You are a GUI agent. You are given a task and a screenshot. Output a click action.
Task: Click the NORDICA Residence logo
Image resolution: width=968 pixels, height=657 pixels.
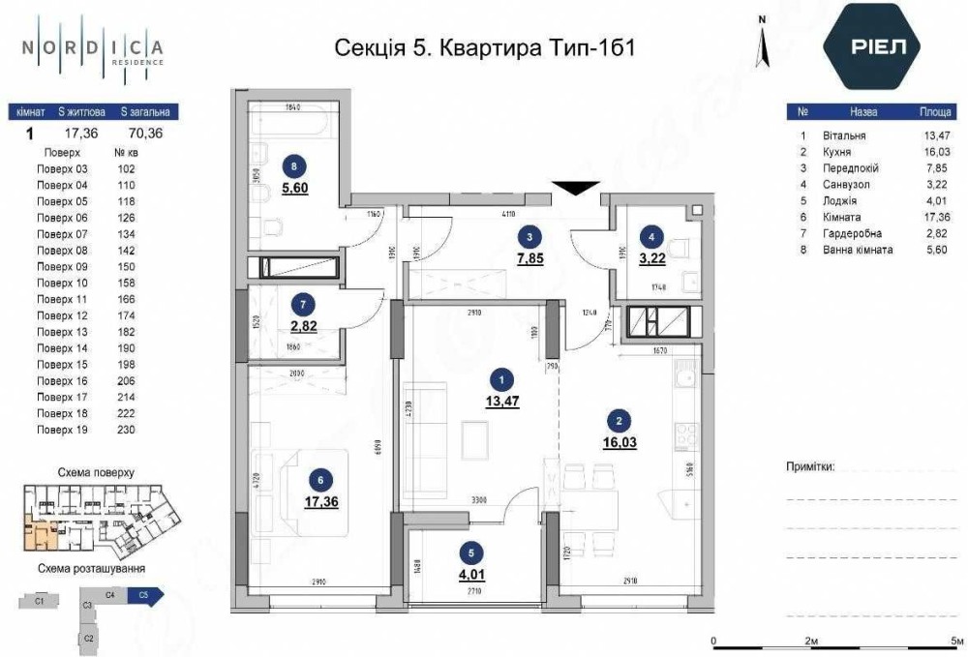pyautogui.click(x=93, y=47)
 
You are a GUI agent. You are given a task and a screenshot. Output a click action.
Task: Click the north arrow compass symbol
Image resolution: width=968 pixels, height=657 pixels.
pyautogui.click(x=763, y=39)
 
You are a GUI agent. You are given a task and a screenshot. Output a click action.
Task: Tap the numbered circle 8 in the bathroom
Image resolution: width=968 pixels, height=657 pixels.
pyautogui.click(x=294, y=164)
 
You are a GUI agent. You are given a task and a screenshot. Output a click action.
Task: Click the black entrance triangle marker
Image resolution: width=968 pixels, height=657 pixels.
pyautogui.click(x=572, y=189)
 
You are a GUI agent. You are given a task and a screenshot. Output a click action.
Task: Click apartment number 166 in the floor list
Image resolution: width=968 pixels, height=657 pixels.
pyautogui.click(x=125, y=300)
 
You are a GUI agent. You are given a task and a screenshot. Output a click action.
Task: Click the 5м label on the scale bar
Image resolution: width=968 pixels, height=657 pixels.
pyautogui.click(x=957, y=642)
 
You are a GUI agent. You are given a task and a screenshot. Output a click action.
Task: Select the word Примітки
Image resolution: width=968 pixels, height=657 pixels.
pyautogui.click(x=810, y=466)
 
